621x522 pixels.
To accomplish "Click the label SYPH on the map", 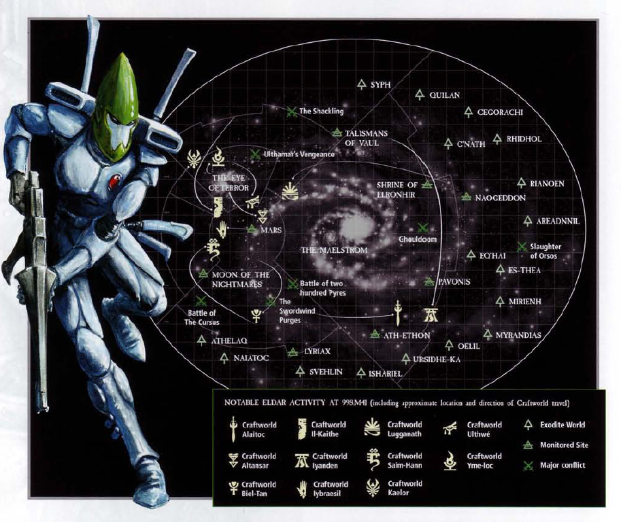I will (x=380, y=84).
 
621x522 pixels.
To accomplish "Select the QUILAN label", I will (x=445, y=95).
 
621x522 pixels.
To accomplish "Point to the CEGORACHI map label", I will (x=502, y=111).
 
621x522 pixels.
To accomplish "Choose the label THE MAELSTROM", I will (x=334, y=250).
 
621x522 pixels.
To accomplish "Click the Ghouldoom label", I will (x=418, y=239).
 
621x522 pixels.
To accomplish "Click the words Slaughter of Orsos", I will (x=546, y=251).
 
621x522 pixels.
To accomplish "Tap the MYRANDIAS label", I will (x=518, y=335).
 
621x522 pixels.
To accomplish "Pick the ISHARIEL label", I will (x=386, y=373).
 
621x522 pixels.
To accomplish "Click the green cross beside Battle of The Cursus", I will (x=201, y=300).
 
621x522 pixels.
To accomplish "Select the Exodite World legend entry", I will (x=561, y=425).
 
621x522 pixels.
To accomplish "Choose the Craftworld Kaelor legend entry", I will (x=405, y=488).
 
